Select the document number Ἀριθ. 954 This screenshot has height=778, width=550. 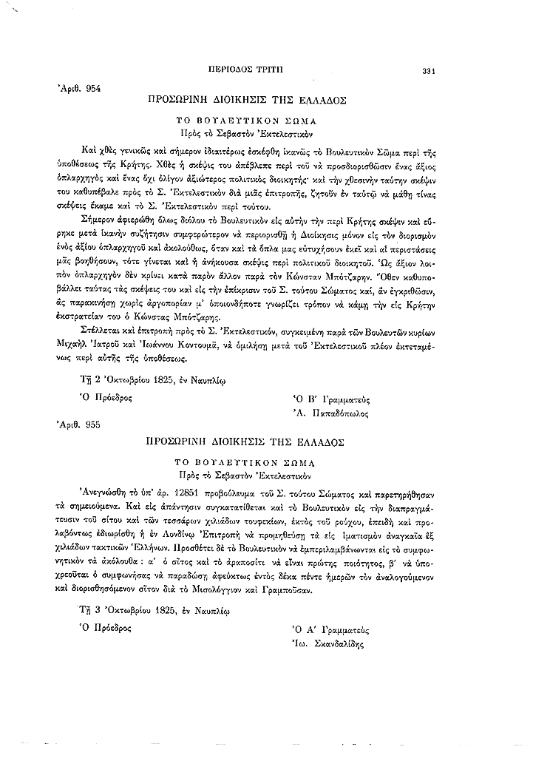click(79, 88)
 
